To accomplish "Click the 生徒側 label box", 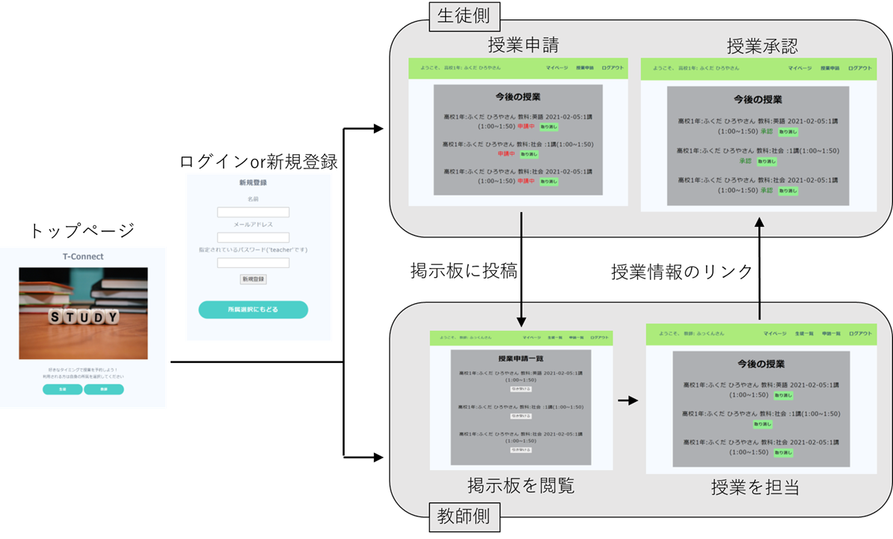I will (x=464, y=16).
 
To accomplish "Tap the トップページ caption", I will (x=82, y=231).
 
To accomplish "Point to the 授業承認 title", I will (x=762, y=46).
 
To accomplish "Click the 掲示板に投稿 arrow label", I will (x=464, y=270).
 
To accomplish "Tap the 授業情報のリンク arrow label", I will (x=681, y=272).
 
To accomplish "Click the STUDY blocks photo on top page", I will (x=83, y=313).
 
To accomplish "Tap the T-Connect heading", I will (x=83, y=256).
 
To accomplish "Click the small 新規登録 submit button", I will (x=253, y=278).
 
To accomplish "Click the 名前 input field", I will (x=253, y=212).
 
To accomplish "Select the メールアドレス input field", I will (x=253, y=237).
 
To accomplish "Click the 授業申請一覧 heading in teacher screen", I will (x=521, y=359).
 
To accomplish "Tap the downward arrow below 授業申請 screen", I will (x=521, y=269).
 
